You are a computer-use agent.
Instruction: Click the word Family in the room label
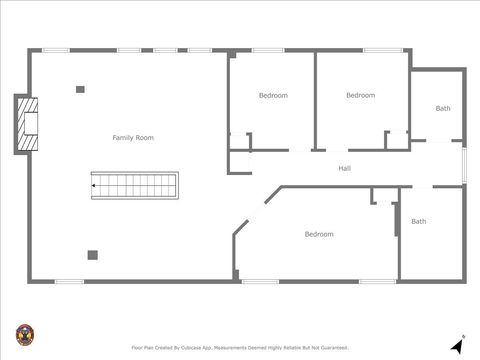click(123, 137)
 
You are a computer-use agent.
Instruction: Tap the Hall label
click(344, 168)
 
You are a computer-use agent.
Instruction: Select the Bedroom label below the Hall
click(319, 234)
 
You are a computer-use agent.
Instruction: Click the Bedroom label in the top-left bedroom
click(273, 95)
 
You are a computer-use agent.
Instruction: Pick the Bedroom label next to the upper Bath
click(360, 95)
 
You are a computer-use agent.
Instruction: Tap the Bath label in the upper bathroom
click(442, 108)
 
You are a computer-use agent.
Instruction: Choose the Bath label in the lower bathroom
click(418, 221)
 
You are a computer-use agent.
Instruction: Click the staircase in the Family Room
click(134, 184)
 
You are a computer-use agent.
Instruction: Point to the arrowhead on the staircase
click(95, 184)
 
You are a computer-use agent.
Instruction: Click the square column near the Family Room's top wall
click(80, 89)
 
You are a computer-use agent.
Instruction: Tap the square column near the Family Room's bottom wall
click(92, 255)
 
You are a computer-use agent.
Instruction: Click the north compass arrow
click(457, 344)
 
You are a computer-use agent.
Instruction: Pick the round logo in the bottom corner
click(24, 334)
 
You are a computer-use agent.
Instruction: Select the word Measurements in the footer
click(235, 348)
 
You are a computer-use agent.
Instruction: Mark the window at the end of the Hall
click(464, 165)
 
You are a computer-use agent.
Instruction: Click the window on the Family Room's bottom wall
click(69, 281)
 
